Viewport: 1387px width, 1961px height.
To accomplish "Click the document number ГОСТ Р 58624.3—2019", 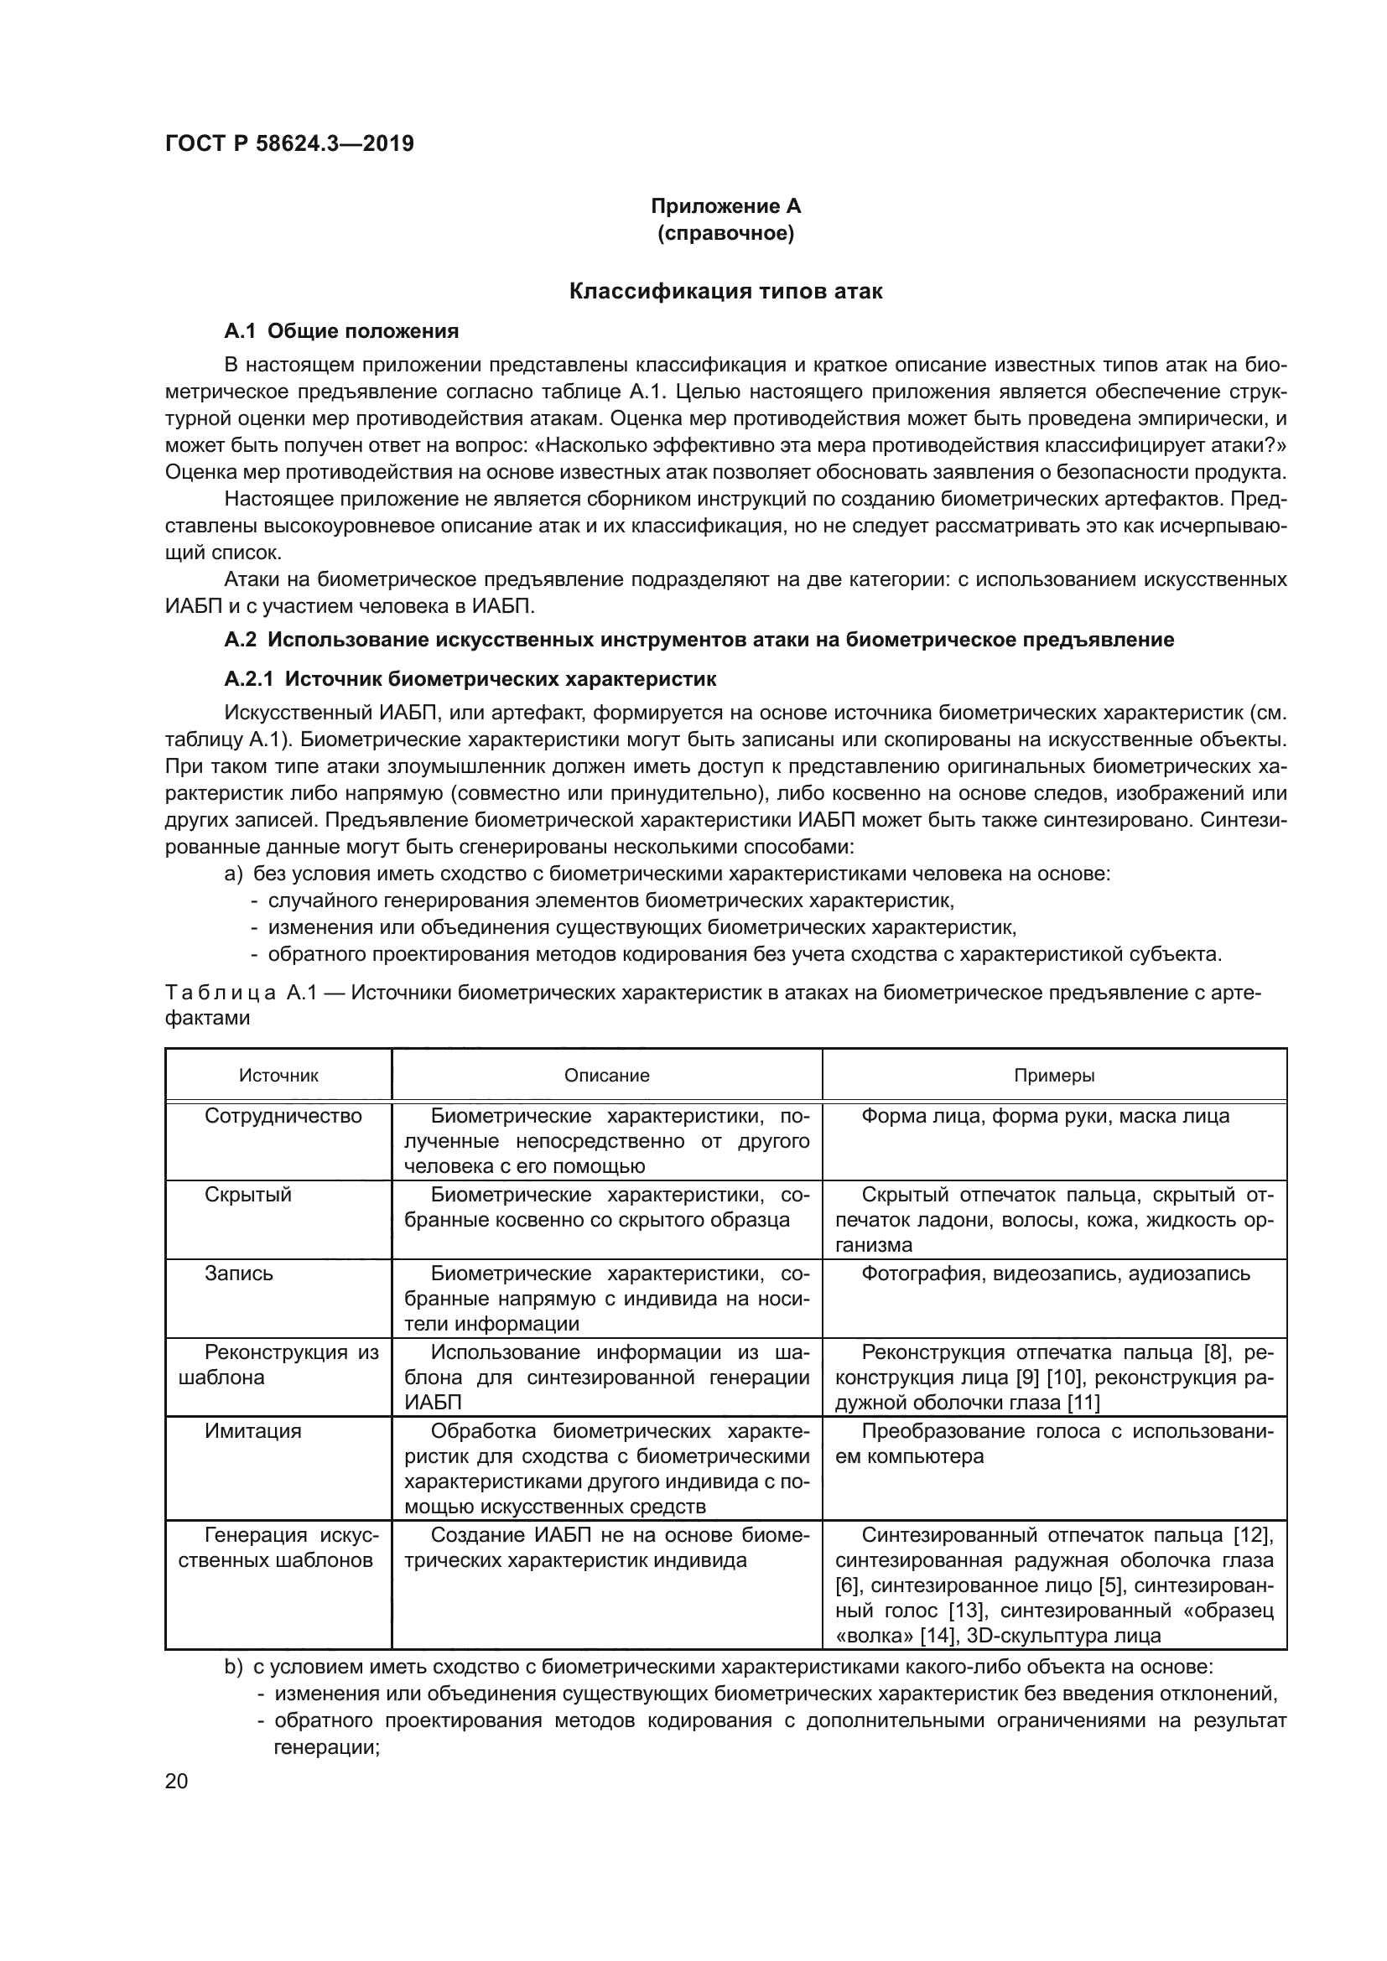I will point(289,143).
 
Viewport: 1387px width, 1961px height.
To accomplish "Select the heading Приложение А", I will point(725,206).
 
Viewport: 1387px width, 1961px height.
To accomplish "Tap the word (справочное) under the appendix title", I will point(725,233).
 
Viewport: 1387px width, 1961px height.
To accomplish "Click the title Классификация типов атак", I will point(725,291).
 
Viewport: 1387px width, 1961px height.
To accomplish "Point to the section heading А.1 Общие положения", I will point(340,331).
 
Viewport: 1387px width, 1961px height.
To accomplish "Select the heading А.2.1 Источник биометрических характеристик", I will point(470,679).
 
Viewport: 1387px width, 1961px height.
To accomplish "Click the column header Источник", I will point(278,1076).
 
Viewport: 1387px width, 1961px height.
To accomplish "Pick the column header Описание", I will point(606,1076).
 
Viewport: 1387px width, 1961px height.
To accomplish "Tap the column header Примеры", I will point(1054,1076).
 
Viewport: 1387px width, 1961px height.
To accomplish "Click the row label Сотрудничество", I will point(283,1116).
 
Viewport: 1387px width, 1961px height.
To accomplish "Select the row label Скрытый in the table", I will point(247,1195).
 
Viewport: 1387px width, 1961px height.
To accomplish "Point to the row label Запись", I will point(238,1274).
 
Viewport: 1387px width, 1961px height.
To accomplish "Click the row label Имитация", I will point(252,1430).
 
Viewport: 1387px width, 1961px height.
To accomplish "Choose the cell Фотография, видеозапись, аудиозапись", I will point(1056,1274).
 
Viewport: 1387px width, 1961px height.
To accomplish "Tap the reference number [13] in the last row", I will point(968,1611).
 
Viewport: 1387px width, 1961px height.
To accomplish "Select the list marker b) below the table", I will point(233,1667).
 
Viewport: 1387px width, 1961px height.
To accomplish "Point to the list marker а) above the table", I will point(233,874).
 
